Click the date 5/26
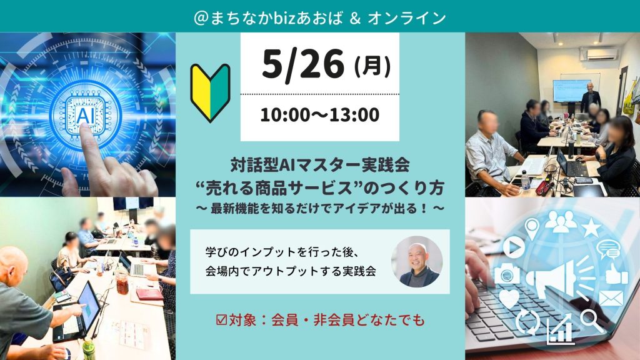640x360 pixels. pos(303,64)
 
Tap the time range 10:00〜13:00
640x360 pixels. pos(319,115)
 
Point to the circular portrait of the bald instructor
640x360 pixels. pos(417,261)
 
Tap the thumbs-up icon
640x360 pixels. pos(616,274)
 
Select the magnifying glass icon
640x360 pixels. pos(591,319)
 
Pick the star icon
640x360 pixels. pos(591,227)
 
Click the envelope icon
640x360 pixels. pos(611,298)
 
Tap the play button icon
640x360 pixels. pos(514,247)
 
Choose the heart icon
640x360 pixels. pos(509,298)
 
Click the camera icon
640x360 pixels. pos(507,274)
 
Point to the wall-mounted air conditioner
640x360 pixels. pos(599,54)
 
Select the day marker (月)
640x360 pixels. pos(372,66)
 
